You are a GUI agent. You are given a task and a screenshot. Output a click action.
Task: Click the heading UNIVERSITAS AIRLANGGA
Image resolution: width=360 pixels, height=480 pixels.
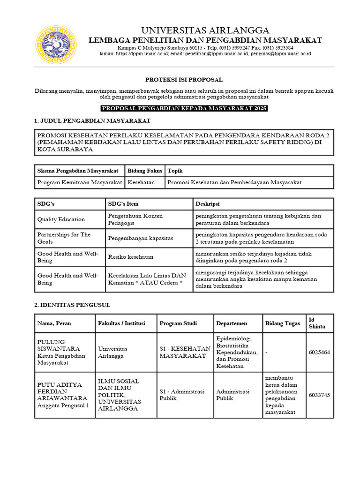coord(205,30)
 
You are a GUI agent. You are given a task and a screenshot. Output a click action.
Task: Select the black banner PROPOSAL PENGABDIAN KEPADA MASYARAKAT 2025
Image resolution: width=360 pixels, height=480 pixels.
coord(184,109)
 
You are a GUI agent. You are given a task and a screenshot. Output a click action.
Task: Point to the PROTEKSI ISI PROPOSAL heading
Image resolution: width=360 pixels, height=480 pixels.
coord(184,80)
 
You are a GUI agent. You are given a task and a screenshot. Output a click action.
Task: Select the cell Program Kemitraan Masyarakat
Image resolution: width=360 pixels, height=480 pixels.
coord(80,182)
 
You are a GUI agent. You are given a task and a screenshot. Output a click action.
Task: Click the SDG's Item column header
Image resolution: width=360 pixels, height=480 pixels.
coord(123,204)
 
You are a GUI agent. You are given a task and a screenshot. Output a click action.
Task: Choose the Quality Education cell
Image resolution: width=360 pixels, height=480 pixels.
coord(61,219)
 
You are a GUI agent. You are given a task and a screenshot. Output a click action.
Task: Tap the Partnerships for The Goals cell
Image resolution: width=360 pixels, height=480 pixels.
coord(64,238)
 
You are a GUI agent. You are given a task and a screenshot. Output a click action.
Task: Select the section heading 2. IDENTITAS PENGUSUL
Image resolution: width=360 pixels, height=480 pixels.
coord(72,305)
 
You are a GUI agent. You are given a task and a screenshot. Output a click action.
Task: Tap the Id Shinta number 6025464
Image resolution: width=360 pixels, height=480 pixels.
coord(319,352)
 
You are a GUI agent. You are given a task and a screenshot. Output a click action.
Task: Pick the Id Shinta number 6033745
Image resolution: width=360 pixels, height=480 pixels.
coord(319,395)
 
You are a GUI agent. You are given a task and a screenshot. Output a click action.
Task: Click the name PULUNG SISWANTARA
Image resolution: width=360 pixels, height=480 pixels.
coord(59,345)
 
